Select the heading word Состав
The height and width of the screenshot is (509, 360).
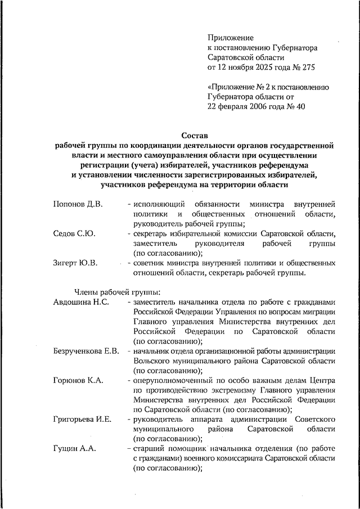[x=194, y=136]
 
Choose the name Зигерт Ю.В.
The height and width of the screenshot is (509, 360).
[x=75, y=262]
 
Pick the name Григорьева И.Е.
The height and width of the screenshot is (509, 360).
[x=82, y=420]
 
